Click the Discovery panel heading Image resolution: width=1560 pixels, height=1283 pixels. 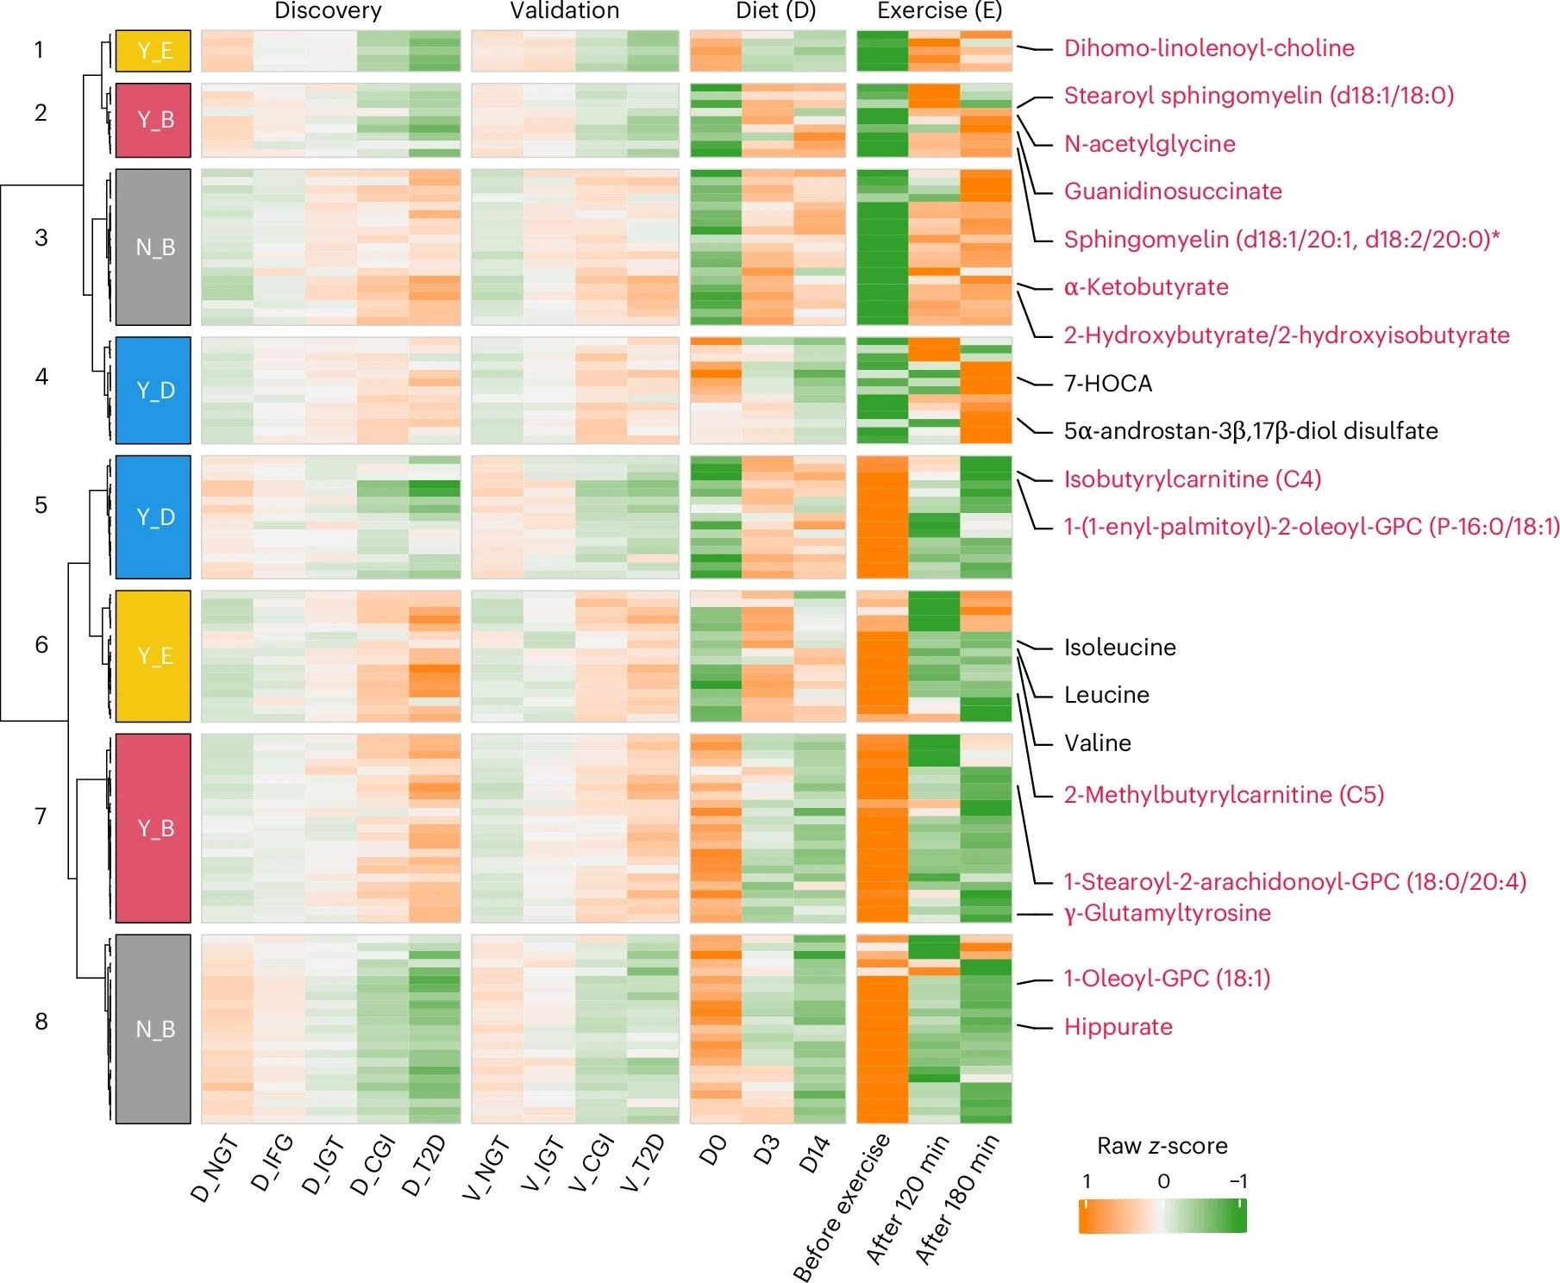click(x=328, y=11)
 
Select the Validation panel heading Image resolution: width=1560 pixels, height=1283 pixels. click(x=565, y=11)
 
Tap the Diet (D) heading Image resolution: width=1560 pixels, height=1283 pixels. click(x=775, y=11)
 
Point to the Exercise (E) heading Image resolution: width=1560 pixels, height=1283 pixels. click(x=939, y=11)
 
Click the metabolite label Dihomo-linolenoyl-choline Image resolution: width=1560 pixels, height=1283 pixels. click(x=1208, y=48)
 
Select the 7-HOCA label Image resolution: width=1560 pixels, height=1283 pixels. click(x=1107, y=384)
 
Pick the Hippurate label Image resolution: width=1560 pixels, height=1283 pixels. click(x=1118, y=1027)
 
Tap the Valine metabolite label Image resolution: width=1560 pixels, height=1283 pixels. click(x=1097, y=743)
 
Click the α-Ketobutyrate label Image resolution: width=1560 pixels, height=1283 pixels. click(x=1145, y=287)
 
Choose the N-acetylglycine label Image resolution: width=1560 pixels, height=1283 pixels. click(x=1149, y=144)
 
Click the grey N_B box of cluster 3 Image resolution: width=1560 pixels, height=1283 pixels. click(x=153, y=247)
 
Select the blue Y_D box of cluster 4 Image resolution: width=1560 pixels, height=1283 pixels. click(x=153, y=391)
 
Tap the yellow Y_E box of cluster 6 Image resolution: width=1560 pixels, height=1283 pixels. click(x=153, y=656)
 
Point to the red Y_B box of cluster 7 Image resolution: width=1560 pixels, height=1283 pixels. click(x=153, y=828)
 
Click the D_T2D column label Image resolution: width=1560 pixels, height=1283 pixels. click(x=426, y=1166)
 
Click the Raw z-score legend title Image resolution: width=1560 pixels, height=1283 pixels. click(x=1162, y=1146)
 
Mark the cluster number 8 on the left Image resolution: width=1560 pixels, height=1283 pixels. click(x=41, y=1022)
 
